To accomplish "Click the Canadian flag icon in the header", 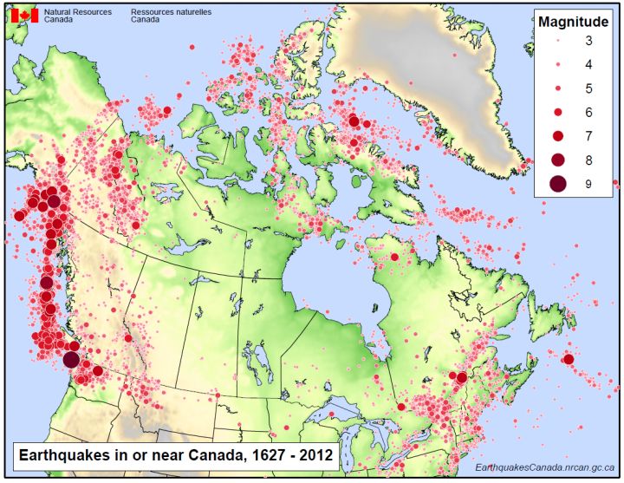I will point(23,16).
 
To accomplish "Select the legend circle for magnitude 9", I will point(557,183).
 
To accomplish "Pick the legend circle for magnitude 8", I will point(557,160).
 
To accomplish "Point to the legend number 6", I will point(589,113).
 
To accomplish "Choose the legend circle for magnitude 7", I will point(557,136).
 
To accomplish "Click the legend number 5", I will point(589,89).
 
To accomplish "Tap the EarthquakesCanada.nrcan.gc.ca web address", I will point(545,467).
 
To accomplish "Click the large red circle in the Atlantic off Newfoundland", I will point(569,359).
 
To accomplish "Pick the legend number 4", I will point(589,66).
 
